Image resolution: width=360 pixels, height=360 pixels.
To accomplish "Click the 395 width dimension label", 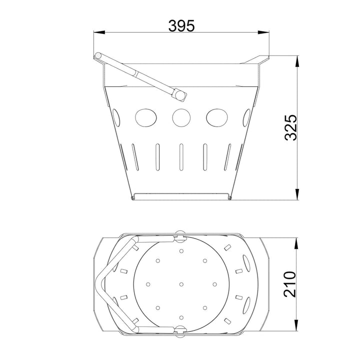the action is click(181, 25).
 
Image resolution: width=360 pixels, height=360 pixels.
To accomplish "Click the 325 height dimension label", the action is click(290, 127).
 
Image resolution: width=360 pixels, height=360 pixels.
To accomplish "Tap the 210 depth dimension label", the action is click(289, 284).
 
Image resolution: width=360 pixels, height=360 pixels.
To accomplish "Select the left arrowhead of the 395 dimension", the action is click(99, 32).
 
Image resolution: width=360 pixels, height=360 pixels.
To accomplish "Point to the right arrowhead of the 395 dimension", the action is click(263, 32).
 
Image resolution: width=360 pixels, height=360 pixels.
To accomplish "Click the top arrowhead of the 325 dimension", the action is click(297, 61).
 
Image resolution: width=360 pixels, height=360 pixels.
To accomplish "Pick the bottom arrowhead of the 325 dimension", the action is click(297, 194).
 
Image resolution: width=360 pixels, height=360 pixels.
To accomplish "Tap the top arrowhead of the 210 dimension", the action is click(296, 243).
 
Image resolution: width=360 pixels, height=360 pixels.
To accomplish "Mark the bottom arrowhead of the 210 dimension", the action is click(296, 325).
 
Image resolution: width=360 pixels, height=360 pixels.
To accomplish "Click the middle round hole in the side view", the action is click(181, 117).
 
